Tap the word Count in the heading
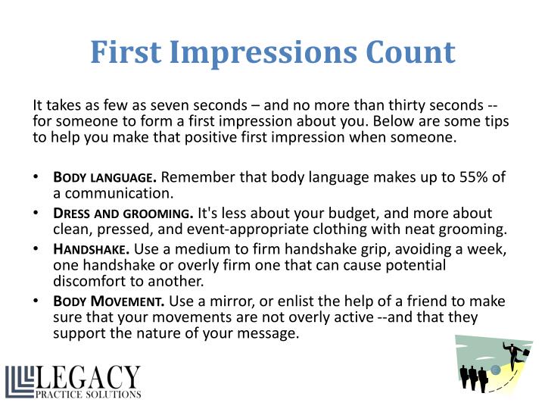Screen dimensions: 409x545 [408, 52]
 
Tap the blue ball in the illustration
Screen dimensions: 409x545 [496, 370]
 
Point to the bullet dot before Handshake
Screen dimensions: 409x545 [36, 249]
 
